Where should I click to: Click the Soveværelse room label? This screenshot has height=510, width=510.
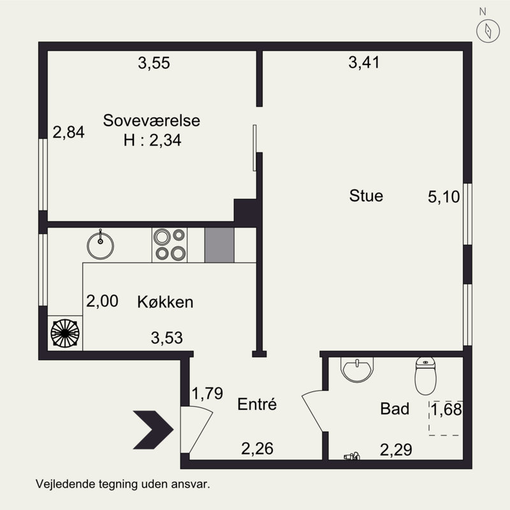[x=151, y=120]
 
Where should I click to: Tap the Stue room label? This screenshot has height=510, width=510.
[x=366, y=196]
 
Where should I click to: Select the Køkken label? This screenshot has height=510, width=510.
[x=165, y=302]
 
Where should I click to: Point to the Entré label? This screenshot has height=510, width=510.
[x=257, y=404]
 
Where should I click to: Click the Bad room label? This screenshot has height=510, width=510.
[x=395, y=409]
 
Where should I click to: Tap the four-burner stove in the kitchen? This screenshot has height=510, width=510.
[x=170, y=245]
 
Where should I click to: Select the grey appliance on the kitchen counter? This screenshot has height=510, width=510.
[x=219, y=245]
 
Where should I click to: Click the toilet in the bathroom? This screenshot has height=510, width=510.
[x=425, y=375]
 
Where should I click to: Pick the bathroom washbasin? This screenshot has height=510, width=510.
[x=357, y=369]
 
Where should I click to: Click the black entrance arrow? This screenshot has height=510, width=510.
[x=153, y=430]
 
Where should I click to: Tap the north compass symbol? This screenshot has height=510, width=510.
[x=488, y=31]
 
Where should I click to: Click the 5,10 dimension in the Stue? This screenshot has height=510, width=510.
[x=444, y=197]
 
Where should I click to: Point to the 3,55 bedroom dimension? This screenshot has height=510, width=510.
[x=154, y=62]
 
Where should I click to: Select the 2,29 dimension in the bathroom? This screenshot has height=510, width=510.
[x=396, y=450]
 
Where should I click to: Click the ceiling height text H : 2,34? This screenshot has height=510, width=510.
[x=152, y=140]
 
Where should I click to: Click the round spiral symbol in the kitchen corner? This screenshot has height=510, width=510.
[x=65, y=333]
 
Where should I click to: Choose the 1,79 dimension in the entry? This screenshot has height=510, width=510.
[x=207, y=393]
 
